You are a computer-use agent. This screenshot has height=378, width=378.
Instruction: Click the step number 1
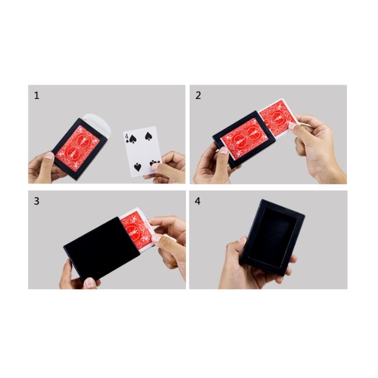[x=37, y=96]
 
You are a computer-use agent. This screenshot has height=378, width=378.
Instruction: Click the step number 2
[x=198, y=96]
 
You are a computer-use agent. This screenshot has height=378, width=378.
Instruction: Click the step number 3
[x=37, y=201]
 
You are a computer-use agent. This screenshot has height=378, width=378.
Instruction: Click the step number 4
[x=198, y=201]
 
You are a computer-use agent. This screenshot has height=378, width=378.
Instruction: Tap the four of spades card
[x=142, y=152]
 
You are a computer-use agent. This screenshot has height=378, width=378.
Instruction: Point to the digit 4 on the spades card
[x=126, y=136]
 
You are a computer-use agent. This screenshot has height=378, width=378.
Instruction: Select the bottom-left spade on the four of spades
[x=137, y=167]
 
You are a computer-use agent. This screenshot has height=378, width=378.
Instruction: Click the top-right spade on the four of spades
[x=148, y=136]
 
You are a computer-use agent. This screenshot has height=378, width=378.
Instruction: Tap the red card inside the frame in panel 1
[x=78, y=148]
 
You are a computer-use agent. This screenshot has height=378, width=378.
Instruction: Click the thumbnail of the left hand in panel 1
[x=49, y=155]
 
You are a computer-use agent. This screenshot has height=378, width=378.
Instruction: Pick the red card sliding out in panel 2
[x=280, y=119]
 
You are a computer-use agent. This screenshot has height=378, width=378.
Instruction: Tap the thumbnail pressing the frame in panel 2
[x=223, y=150]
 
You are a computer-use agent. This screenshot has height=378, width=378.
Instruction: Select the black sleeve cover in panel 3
[x=102, y=248]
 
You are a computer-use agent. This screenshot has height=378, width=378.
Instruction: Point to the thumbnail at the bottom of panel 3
[x=90, y=282]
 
